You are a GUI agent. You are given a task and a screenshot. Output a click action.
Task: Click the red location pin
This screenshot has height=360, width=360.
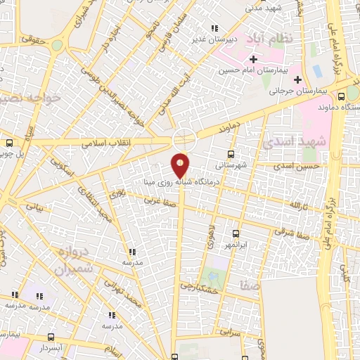(181, 165)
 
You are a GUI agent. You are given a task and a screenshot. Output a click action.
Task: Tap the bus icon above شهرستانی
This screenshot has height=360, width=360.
(231, 153)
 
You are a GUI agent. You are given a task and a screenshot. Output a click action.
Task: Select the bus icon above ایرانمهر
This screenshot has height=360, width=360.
(235, 233)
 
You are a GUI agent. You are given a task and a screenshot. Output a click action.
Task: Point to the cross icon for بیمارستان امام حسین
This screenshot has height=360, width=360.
(253, 60)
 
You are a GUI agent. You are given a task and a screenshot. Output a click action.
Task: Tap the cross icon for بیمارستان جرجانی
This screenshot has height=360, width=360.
(298, 79)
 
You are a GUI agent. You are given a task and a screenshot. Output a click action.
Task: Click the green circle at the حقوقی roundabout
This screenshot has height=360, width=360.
(57, 46)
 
